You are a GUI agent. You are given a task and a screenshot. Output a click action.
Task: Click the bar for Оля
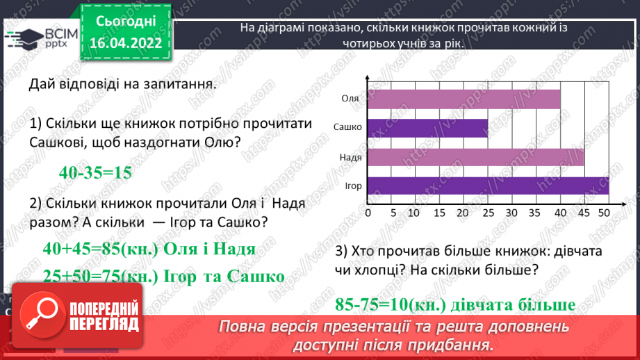point(463,99)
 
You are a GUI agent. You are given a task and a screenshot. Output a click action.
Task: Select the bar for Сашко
point(427,128)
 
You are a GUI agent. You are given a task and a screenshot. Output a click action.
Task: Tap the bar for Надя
point(475,158)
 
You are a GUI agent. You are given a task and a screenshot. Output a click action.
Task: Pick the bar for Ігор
point(488,186)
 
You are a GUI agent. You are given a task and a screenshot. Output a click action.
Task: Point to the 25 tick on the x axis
point(488,212)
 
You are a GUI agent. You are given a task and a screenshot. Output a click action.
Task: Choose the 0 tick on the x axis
point(368,212)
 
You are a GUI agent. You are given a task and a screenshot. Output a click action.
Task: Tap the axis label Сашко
point(347,128)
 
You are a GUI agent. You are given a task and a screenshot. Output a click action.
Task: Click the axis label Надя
point(350,158)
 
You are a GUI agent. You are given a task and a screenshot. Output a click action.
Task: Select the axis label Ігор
point(352,186)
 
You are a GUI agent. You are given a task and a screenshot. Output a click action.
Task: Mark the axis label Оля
point(350,99)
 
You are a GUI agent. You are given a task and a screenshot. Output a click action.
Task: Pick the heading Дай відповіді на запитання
point(122,85)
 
